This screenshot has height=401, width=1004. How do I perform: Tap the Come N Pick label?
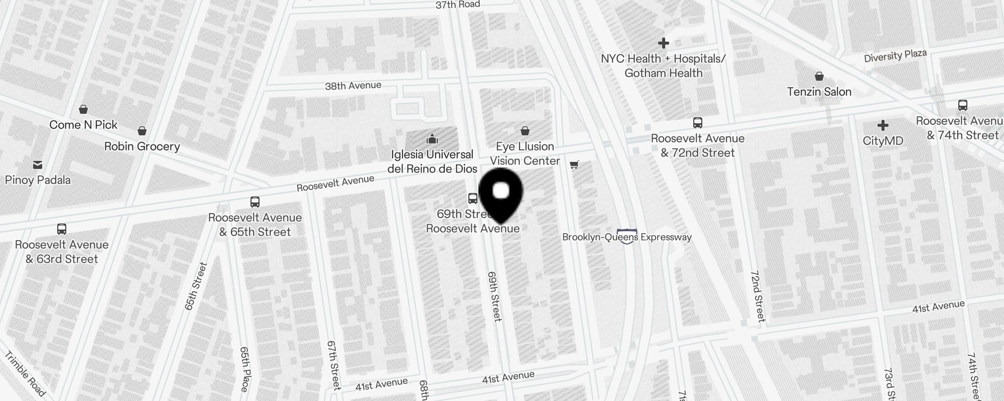83,125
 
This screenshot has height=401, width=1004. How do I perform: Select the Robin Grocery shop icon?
142,131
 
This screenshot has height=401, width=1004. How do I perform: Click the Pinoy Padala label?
38,180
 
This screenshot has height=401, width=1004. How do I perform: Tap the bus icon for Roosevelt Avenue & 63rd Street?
62,229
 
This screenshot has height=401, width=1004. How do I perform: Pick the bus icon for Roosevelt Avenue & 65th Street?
255,202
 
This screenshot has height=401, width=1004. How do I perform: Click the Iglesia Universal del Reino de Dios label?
432,161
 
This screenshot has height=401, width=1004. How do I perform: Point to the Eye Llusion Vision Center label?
525,153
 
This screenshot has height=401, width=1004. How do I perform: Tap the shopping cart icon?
574,164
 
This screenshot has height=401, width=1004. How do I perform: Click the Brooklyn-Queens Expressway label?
627,237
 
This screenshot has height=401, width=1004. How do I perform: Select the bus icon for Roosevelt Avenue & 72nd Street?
697,123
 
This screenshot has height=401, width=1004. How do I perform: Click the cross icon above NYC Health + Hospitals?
664,43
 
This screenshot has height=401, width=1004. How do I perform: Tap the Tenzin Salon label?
819,92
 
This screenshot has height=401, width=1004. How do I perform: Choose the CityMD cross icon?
883,125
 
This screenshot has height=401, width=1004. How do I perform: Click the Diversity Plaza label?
895,56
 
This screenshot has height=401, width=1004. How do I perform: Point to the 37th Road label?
457,5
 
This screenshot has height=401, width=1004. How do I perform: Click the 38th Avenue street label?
353,86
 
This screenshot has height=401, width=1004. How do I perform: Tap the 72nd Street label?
758,296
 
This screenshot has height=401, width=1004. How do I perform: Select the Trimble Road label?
25,373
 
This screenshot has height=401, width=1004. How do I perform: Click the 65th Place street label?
244,369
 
